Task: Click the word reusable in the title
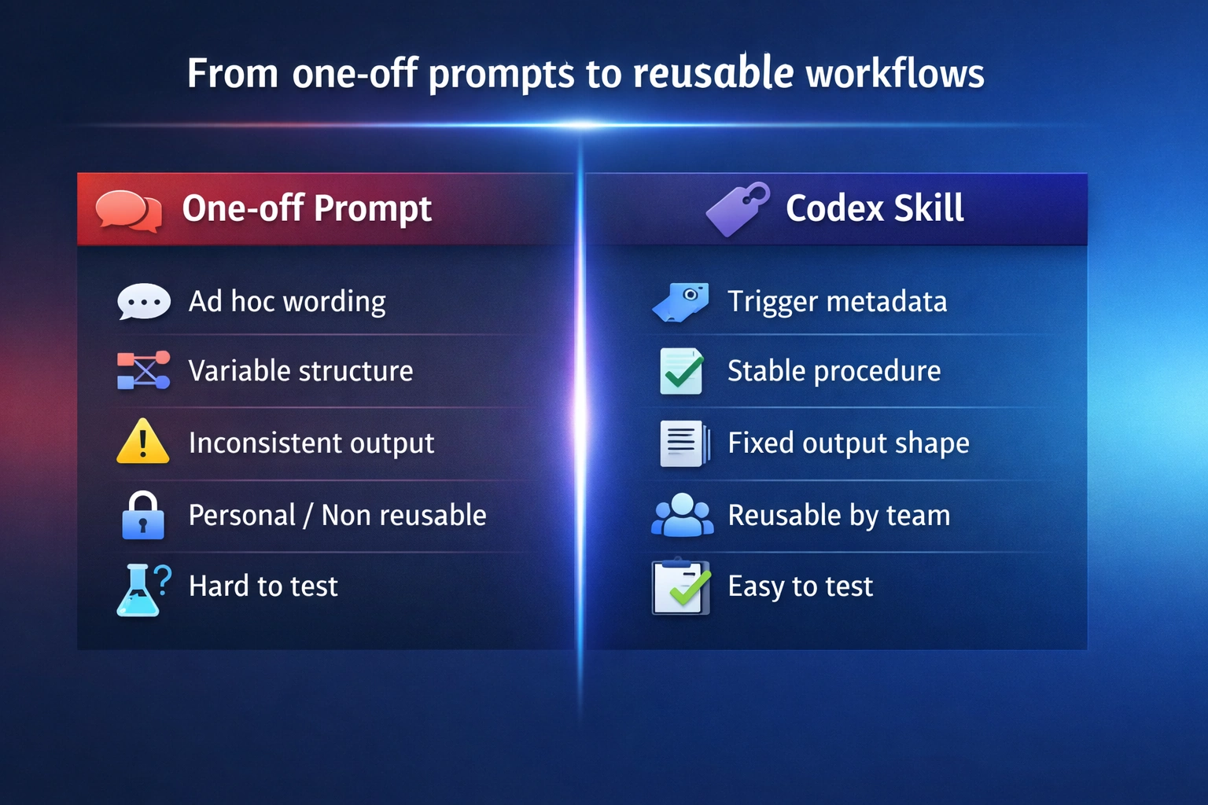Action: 713,73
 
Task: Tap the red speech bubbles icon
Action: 128,210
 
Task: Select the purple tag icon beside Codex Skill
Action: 737,209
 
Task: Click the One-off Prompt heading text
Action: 307,209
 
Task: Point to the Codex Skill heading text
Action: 875,209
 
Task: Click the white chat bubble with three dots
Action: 143,302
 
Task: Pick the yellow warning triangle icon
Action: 142,443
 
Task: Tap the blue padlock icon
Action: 143,516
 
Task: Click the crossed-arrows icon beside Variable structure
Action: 143,370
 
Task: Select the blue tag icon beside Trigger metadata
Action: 681,302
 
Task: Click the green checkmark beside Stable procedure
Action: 682,371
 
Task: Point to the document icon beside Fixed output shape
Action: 683,443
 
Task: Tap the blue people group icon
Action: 682,516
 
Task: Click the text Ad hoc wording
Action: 287,302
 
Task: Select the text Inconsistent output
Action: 311,443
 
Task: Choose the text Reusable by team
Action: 838,516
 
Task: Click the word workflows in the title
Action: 895,73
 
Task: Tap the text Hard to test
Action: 263,586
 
